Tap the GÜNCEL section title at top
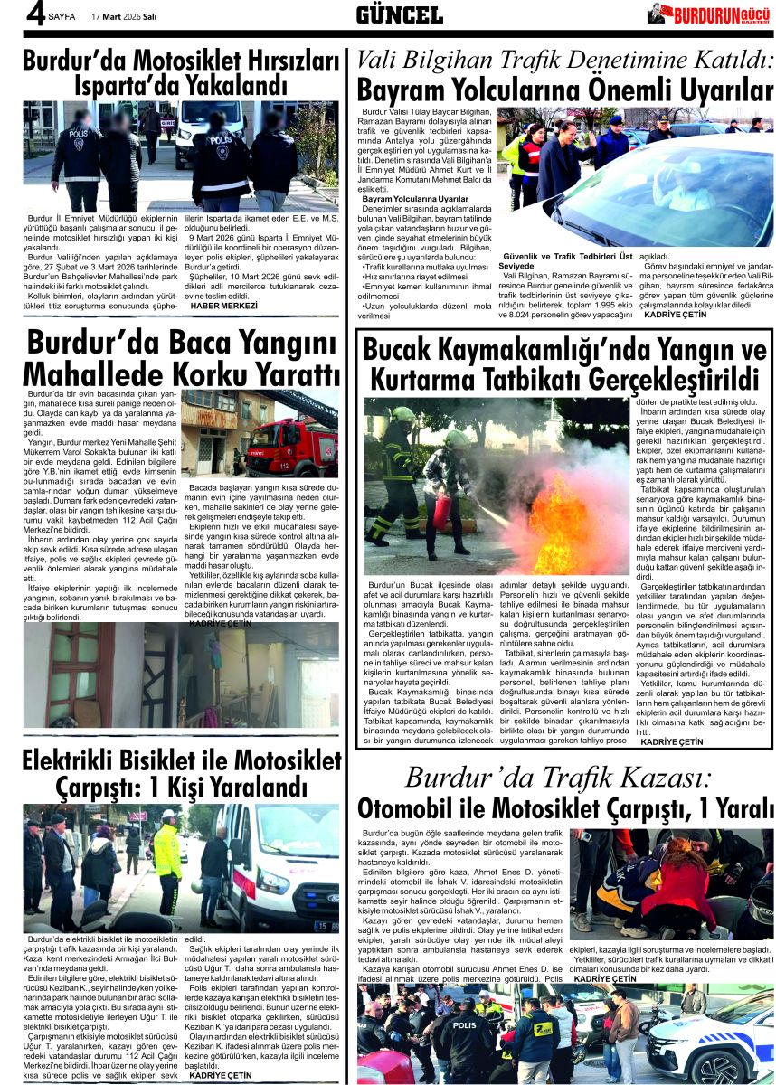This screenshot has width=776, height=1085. (x=399, y=14)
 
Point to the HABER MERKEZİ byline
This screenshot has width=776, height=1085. (x=223, y=307)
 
